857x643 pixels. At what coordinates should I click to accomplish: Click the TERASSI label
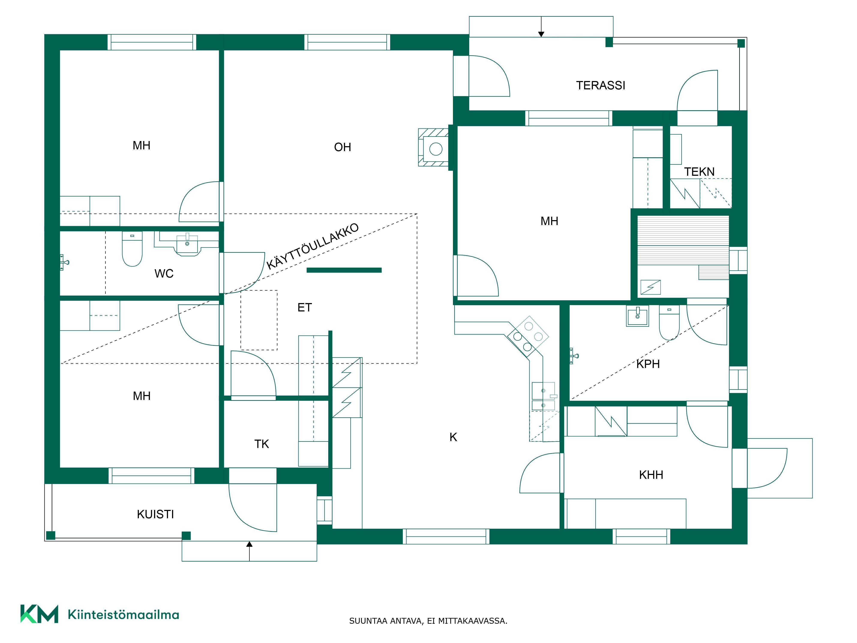(601, 85)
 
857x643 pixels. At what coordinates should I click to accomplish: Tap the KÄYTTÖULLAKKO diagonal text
(313, 246)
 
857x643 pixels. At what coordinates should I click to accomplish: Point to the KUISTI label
(155, 514)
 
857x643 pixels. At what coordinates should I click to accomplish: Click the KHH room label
(651, 475)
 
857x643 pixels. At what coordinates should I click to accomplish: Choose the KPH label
(648, 364)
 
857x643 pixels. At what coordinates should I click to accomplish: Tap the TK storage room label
(262, 444)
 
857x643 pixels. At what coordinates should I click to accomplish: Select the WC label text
(164, 274)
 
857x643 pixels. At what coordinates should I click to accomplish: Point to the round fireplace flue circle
(436, 149)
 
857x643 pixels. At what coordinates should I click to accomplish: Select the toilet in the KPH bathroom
(669, 322)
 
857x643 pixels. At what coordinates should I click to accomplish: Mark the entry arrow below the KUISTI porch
(250, 551)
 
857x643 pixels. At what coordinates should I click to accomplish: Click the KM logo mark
(39, 614)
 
